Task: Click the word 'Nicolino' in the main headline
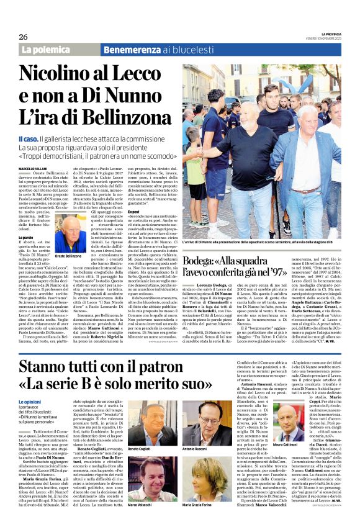66,73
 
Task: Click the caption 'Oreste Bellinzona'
68,256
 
